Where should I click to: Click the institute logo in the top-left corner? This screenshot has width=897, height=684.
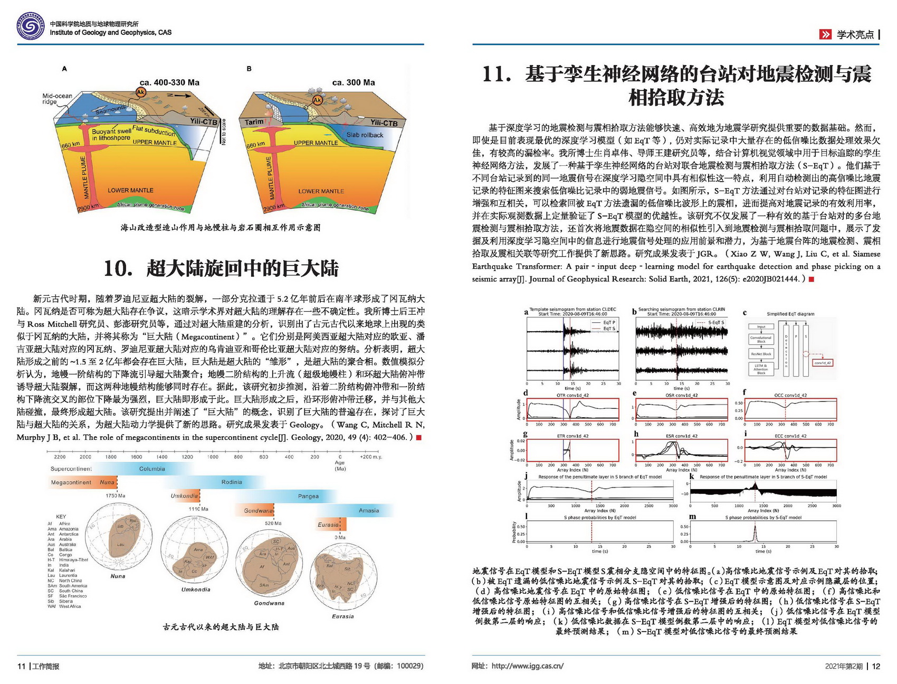point(31,26)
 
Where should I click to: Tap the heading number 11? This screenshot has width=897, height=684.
point(496,74)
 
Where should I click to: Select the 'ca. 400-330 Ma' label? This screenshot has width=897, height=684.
point(169,82)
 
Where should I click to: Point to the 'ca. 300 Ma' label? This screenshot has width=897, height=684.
point(354,82)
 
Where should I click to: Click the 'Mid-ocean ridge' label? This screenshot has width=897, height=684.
point(56,99)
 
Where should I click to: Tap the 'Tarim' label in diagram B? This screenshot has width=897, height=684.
point(254,122)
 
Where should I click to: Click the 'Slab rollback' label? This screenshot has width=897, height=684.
point(365,135)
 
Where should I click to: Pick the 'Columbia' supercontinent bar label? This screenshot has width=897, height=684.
point(152,469)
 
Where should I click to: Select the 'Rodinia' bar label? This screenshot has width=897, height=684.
point(232,482)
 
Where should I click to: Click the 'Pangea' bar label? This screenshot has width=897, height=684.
point(308,496)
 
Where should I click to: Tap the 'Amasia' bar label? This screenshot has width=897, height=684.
point(369,510)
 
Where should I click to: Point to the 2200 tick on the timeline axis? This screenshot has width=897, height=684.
point(60,457)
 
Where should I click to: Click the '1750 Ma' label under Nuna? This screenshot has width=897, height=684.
point(115,495)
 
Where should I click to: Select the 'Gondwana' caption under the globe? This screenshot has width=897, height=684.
point(269,603)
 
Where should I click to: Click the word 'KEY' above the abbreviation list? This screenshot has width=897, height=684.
point(61,517)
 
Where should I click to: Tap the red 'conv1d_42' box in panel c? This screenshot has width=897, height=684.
point(823,363)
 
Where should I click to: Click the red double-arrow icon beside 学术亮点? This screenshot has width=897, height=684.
point(825,35)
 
